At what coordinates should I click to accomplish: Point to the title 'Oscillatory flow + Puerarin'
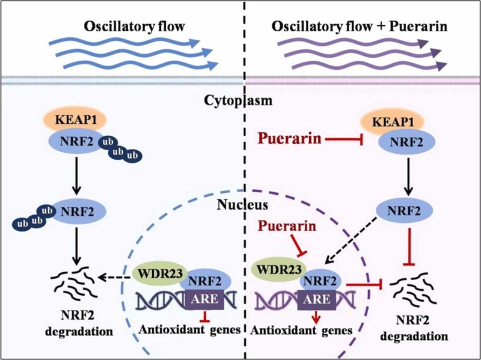point(354,26)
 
